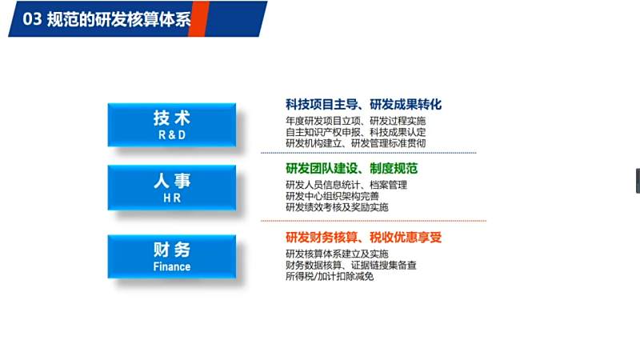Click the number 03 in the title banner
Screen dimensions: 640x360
[32, 19]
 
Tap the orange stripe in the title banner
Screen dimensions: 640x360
[198, 18]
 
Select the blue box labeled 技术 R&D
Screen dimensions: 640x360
[172, 125]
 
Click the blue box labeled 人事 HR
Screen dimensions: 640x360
[172, 188]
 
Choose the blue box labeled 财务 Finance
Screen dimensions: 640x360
[172, 257]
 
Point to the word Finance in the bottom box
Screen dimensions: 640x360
[172, 266]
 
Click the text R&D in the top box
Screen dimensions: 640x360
[172, 134]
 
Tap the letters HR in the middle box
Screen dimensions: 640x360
[172, 198]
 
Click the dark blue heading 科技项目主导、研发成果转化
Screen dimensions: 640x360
[363, 105]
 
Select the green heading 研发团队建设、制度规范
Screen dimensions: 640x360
[351, 168]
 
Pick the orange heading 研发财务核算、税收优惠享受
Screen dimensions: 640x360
[363, 237]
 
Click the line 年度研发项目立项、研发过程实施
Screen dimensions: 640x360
[355, 121]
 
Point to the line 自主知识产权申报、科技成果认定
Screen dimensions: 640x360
[355, 132]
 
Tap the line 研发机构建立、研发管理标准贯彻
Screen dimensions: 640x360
[355, 143]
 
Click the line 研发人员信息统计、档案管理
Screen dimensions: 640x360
[346, 185]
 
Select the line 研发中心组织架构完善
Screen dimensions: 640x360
[332, 196]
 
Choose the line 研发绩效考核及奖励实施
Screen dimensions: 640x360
[337, 207]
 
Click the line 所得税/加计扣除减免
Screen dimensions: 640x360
[330, 276]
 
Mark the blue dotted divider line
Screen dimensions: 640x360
[369, 153]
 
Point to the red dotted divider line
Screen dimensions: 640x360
[374, 221]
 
